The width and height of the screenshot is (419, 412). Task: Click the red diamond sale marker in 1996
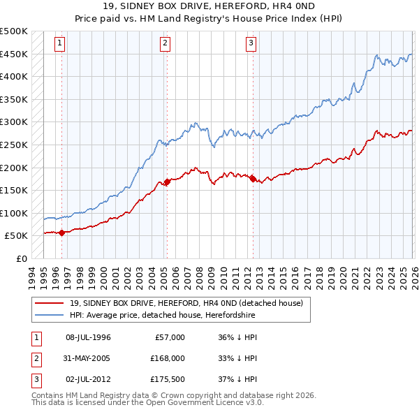click(x=61, y=233)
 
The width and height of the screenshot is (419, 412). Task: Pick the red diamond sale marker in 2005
click(x=167, y=182)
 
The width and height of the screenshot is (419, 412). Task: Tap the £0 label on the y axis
click(x=20, y=258)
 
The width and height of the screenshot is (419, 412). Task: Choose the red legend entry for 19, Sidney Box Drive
click(x=186, y=304)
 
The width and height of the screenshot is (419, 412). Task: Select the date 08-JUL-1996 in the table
click(x=88, y=337)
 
